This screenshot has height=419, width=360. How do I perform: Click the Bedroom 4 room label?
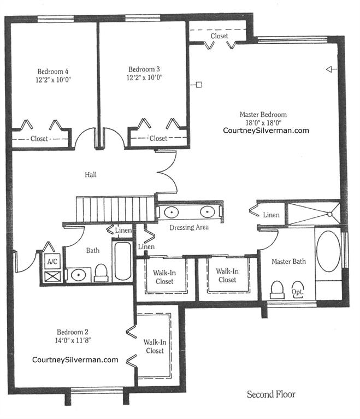pos(52,72)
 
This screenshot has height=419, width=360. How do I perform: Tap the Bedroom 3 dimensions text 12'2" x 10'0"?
pos(145,78)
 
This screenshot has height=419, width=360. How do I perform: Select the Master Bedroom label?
pos(263,115)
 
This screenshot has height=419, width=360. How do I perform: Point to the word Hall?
pos(91,175)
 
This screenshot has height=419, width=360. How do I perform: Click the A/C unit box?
pos(52,262)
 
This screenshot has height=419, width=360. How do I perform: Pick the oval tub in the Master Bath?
pos(328,251)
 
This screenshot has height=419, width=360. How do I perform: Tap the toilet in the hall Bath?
pos(101,273)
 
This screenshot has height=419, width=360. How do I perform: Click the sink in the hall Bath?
pos(78,275)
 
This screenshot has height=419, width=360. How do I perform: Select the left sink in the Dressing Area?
pos(172,213)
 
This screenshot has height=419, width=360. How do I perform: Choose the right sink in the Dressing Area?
pos(208,212)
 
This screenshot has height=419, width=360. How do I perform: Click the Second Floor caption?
pos(271,394)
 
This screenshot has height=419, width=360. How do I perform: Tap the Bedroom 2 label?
pos(73,332)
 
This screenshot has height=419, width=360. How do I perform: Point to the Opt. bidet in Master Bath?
pos(298,288)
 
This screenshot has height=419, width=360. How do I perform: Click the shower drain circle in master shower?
pos(330,214)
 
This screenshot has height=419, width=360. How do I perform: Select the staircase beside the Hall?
pos(115,210)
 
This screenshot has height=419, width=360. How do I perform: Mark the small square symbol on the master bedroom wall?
pos(199,85)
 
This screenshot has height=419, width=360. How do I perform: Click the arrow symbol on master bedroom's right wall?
pos(332,69)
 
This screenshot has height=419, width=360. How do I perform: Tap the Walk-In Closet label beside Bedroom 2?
pos(155,346)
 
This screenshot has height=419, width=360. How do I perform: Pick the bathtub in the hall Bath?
pos(123,261)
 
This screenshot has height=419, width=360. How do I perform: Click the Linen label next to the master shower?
pos(271,215)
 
